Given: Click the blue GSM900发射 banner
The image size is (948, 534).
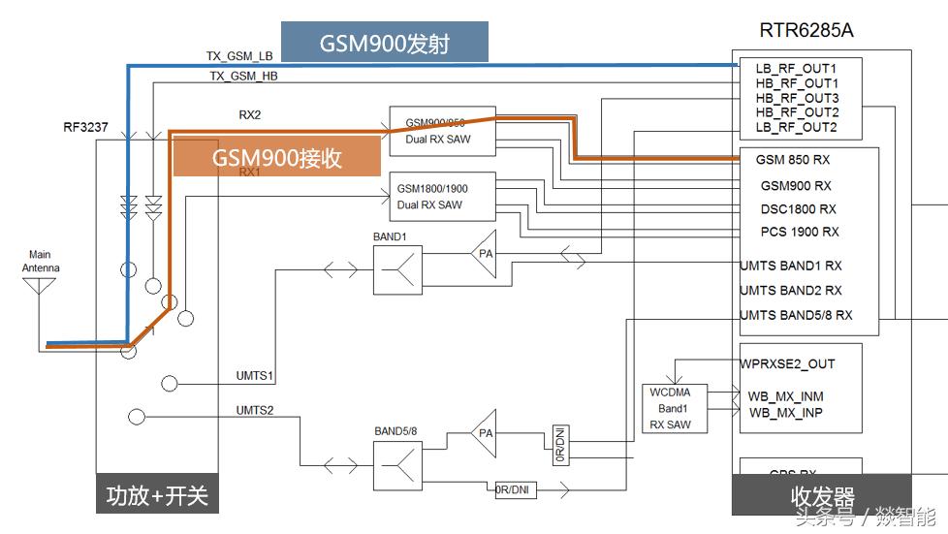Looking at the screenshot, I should (x=384, y=43).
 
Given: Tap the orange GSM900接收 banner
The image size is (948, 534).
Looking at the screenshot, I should (x=276, y=157).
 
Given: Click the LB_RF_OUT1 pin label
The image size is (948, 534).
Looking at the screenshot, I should (x=796, y=69).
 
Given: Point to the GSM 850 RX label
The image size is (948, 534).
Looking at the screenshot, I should (x=794, y=160).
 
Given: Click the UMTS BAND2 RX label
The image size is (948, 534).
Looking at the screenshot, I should (x=791, y=291).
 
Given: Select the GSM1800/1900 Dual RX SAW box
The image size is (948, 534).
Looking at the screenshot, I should (x=441, y=198).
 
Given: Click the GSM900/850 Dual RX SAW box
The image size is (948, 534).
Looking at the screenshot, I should (x=441, y=131).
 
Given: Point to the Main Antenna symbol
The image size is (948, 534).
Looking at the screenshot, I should (x=40, y=284).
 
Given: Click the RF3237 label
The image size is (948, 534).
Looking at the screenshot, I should (x=86, y=127).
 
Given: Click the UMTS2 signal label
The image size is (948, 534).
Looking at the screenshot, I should (x=255, y=410).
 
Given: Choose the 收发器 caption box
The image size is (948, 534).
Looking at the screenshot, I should (x=821, y=496).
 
